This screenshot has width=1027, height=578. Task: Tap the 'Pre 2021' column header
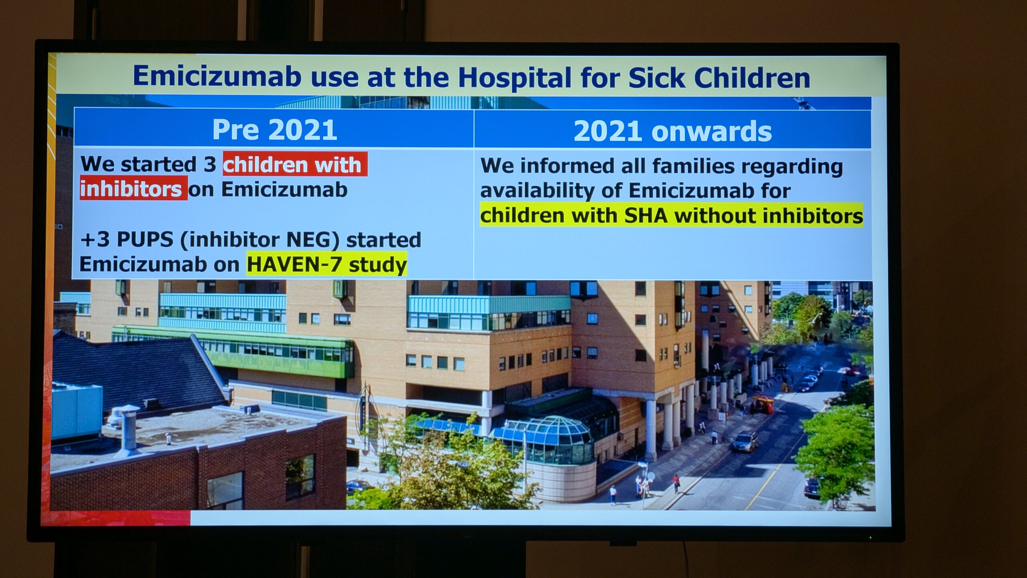(274, 130)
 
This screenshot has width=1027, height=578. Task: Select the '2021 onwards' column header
(672, 131)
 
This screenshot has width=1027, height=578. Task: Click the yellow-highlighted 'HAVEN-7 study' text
(327, 264)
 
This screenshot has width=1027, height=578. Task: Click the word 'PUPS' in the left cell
(145, 240)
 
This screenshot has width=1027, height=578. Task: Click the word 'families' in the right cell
(694, 166)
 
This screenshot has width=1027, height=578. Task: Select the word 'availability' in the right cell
(537, 191)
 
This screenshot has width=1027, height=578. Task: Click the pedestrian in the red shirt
(676, 483)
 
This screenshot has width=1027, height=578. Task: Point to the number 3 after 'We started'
(209, 164)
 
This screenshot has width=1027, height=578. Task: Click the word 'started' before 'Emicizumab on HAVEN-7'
(384, 240)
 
